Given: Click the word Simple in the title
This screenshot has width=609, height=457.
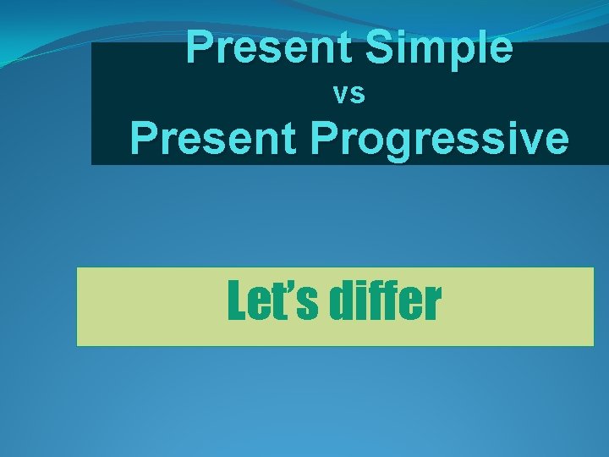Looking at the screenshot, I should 439,47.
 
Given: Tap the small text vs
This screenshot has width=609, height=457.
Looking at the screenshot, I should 349,95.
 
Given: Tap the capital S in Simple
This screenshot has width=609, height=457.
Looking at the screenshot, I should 378,47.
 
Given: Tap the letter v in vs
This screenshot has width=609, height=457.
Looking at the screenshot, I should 342,96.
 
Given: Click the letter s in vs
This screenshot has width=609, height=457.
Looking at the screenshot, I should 358,96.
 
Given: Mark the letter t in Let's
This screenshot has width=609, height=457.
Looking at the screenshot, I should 284,305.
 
